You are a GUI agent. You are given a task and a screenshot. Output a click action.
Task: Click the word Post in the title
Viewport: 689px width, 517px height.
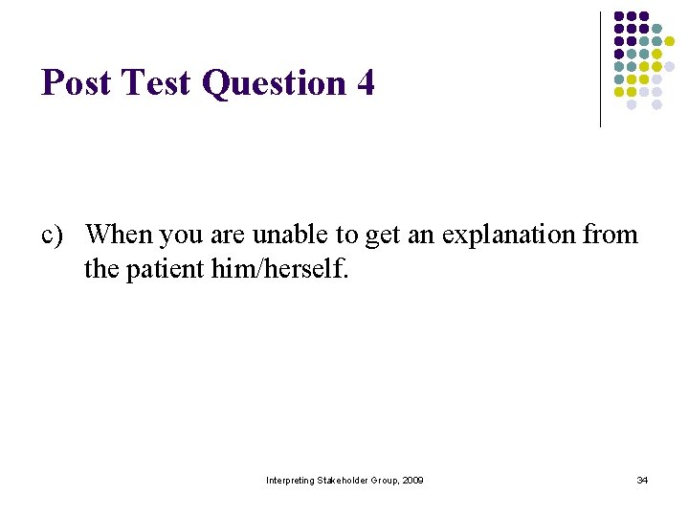75,83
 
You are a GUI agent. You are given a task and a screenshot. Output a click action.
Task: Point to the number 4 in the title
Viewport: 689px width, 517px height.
365,83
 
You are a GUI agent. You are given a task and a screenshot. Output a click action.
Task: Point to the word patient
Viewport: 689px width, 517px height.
173,270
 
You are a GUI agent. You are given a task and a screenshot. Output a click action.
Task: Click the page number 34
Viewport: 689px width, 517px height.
642,480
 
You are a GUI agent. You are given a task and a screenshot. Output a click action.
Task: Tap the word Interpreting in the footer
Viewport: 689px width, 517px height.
289,480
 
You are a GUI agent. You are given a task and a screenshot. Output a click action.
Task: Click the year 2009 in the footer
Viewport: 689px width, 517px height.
412,480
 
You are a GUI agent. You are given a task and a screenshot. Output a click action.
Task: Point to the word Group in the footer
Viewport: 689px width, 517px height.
384,480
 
